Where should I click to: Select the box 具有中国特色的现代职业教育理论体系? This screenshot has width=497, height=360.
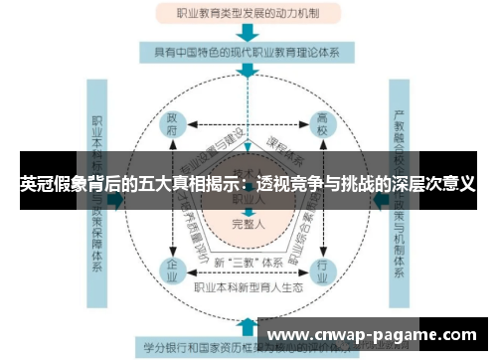pyautogui.click(x=248, y=51)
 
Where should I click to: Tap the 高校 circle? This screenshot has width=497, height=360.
pyautogui.click(x=323, y=125)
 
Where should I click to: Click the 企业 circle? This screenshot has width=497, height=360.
pyautogui.click(x=173, y=269)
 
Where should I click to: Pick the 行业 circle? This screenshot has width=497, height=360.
pyautogui.click(x=323, y=269)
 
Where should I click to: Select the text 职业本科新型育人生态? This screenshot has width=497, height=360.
pyautogui.click(x=248, y=287)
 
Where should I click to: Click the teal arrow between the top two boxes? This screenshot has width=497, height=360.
pyautogui.click(x=248, y=34)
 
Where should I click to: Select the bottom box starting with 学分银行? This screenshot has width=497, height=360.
pyautogui.click(x=199, y=348)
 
